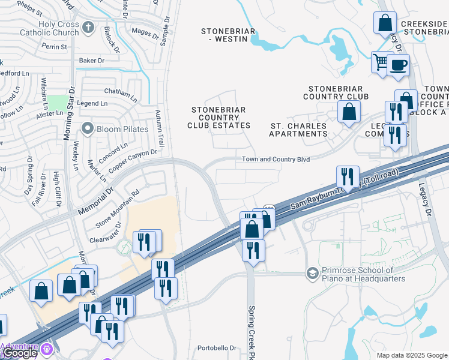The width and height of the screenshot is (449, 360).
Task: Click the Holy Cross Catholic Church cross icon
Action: coord(88,28)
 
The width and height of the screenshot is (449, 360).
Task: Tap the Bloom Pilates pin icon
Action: coord(88,128)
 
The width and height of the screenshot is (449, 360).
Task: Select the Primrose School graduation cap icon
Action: coord(312,274)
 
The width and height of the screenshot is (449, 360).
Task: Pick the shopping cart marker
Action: coord(381,62)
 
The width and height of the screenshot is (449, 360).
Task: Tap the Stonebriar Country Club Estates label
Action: coord(219,118)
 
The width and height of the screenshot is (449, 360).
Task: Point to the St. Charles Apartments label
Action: coord(298,130)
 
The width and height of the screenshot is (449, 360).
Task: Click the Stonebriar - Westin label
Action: coord(228,35)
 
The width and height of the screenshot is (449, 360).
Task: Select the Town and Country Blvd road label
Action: coord(276,159)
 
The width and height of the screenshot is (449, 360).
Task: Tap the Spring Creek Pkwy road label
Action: coord(252,327)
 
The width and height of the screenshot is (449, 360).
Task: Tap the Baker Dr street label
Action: coord(92,61)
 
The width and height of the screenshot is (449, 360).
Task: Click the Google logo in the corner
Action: coord(19,353)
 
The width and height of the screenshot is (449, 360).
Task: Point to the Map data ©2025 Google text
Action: coord(411,355)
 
